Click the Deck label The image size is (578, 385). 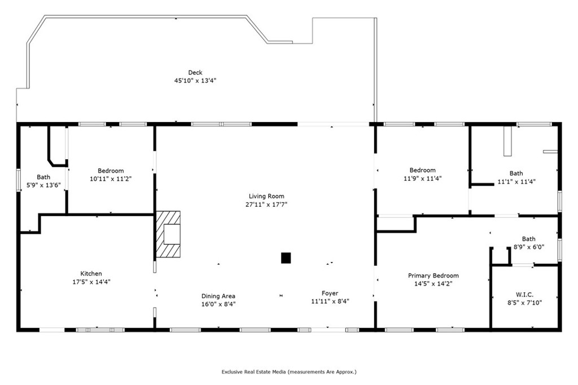tap(195, 72)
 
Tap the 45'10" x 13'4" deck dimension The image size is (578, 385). tap(195, 80)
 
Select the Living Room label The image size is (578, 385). tap(266, 196)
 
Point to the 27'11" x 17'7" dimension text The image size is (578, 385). tap(266, 204)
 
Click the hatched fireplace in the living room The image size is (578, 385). tap(168, 234)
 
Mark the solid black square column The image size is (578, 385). tap(286, 258)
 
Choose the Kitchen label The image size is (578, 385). tap(91, 274)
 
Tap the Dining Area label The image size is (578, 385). tap(218, 296)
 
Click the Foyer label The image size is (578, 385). tap(330, 293)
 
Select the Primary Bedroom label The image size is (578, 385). tap(433, 275)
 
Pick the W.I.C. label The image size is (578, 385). tap(524, 295)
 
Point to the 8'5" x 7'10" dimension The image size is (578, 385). tap(524, 303)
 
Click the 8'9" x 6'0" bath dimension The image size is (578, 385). tap(528, 247)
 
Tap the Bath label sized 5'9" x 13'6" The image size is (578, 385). tap(43, 177)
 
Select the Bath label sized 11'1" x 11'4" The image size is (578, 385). tap(516, 173)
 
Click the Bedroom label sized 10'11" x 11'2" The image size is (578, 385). tap(111, 170)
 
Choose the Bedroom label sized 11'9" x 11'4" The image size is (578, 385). tap(422, 170)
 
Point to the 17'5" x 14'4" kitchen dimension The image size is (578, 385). tap(91, 282)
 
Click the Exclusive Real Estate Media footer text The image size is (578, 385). tap(289, 371)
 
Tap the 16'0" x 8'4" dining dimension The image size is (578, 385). tap(218, 304)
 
